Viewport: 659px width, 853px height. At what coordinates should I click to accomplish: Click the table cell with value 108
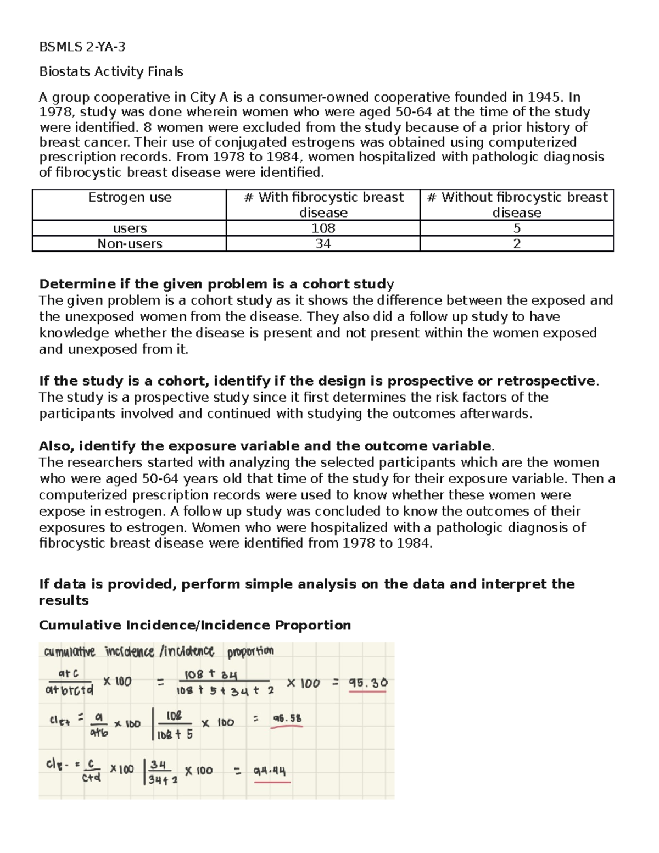[323, 228]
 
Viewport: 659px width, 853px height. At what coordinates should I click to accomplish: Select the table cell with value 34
[323, 244]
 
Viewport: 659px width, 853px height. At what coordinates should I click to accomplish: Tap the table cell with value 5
[517, 228]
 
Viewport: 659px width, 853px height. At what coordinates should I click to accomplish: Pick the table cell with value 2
[517, 244]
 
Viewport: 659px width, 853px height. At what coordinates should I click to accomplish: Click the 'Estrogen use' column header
[130, 198]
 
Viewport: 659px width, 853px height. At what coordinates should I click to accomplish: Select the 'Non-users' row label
[130, 244]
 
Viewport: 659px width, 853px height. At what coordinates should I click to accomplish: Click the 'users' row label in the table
[130, 228]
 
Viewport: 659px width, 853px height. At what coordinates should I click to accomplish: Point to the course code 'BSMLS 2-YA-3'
[82, 47]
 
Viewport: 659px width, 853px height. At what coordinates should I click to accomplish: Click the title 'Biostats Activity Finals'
[111, 72]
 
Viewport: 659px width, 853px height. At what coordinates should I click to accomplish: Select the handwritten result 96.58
[287, 718]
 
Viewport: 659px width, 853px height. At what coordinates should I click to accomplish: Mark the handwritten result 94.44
[270, 771]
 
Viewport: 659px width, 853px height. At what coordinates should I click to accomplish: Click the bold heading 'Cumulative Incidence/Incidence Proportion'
[195, 626]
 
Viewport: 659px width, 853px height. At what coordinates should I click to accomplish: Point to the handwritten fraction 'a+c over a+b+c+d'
[69, 682]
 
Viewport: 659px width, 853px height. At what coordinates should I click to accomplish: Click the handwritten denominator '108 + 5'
[175, 734]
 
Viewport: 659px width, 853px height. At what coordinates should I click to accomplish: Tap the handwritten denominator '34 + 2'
[163, 779]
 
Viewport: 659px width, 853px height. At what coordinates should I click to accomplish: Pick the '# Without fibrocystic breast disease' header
[517, 205]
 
